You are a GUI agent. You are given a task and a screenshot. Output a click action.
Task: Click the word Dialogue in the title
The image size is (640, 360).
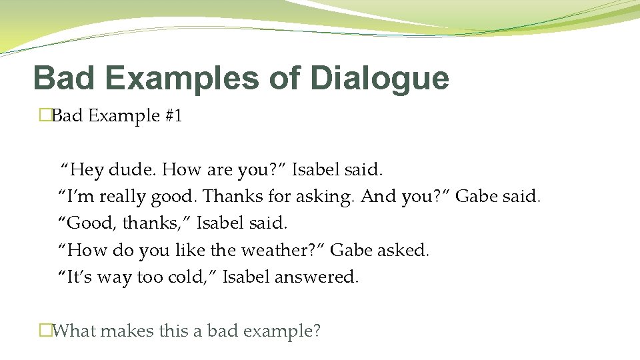click(x=379, y=78)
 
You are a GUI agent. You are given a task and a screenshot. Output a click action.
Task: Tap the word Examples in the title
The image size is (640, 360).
click(x=181, y=78)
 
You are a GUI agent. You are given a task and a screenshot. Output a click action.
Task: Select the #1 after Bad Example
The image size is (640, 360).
click(x=173, y=116)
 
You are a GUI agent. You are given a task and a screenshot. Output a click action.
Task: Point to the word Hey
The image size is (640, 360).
click(x=87, y=170)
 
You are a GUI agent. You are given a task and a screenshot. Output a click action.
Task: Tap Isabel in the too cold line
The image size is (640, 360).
click(x=245, y=277)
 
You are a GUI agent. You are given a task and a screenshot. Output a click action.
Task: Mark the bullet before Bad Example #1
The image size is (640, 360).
click(x=45, y=116)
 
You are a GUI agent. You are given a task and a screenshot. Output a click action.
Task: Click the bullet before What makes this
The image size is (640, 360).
click(x=45, y=330)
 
